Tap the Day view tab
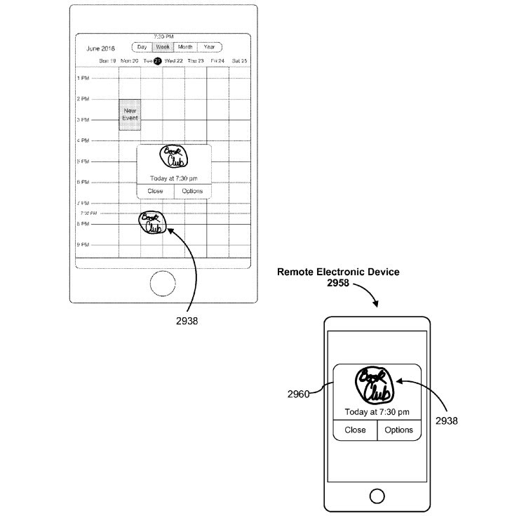142,47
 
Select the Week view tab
163,47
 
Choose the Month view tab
185,47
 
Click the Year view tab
209,47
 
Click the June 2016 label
100,49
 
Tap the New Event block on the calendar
130,114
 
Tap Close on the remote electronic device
355,430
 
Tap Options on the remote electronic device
399,430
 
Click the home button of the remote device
377,494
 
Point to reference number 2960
298,395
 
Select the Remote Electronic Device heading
339,271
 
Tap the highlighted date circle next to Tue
158,61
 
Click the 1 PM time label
83,79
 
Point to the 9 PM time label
83,245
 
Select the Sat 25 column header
241,61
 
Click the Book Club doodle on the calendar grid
152,223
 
